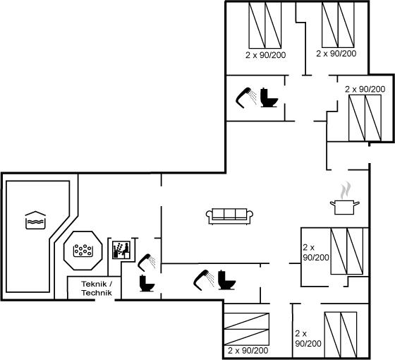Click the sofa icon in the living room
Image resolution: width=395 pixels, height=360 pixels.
pyautogui.click(x=229, y=216)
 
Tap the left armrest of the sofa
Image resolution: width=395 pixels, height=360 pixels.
pyautogui.click(x=209, y=217)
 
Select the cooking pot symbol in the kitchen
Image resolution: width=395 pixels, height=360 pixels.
pyautogui.click(x=345, y=208)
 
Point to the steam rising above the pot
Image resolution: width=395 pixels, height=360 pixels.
pyautogui.click(x=345, y=190)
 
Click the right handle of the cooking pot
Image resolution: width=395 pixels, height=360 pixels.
pyautogui.click(x=357, y=203)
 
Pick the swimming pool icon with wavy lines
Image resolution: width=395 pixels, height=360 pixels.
pyautogui.click(x=35, y=220)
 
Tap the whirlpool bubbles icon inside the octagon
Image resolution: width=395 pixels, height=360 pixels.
pyautogui.click(x=83, y=251)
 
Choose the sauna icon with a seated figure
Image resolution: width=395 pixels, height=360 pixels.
pyautogui.click(x=121, y=250)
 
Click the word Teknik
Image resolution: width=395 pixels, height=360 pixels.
pyautogui.click(x=94, y=284)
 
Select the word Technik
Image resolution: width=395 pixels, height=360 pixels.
pyautogui.click(x=97, y=293)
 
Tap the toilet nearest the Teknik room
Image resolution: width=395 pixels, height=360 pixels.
pyautogui.click(x=147, y=283)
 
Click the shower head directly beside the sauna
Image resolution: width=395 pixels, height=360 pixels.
pyautogui.click(x=147, y=261)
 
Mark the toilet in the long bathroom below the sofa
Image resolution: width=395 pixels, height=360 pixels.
pyautogui.click(x=226, y=280)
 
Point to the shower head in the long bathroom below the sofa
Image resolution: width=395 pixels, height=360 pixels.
pyautogui.click(x=204, y=280)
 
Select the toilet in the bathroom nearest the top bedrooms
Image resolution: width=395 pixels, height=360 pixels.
pyautogui.click(x=269, y=97)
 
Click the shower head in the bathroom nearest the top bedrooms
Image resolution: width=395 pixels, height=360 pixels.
pyautogui.click(x=246, y=98)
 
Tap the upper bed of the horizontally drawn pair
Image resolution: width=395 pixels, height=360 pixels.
pyautogui.click(x=247, y=321)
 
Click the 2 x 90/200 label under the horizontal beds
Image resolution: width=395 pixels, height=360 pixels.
pyautogui.click(x=248, y=350)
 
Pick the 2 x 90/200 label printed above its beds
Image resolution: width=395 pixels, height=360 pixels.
pyautogui.click(x=365, y=89)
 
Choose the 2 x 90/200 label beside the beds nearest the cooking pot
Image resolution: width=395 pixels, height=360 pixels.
pyautogui.click(x=316, y=253)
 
